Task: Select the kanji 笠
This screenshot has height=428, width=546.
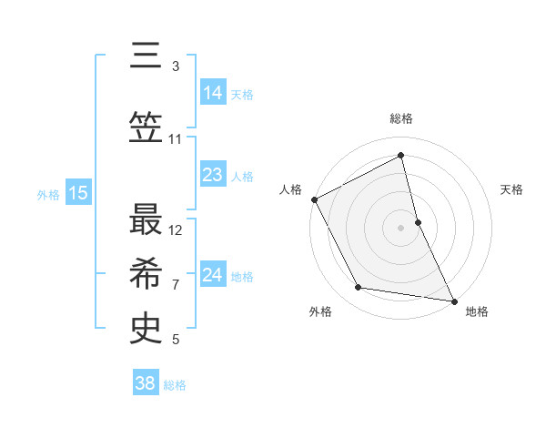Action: [145, 127]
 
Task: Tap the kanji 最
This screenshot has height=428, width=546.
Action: [145, 218]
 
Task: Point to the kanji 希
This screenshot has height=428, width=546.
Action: [145, 272]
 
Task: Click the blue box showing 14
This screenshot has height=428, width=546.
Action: [213, 93]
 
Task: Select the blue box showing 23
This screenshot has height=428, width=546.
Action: [213, 175]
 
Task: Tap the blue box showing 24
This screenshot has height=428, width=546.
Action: [213, 275]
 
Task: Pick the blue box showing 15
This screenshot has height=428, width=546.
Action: [78, 193]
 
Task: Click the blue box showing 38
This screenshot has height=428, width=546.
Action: [146, 383]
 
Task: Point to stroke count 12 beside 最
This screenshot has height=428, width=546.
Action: [177, 229]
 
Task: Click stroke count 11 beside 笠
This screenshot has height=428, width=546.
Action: [176, 139]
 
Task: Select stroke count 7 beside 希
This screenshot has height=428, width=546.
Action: [176, 284]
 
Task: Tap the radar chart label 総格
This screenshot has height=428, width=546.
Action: [401, 118]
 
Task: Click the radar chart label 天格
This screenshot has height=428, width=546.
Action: [512, 189]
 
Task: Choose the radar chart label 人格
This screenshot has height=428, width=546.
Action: [291, 189]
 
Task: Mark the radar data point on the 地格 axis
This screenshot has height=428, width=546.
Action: [453, 300]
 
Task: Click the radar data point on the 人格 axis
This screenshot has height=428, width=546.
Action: [314, 199]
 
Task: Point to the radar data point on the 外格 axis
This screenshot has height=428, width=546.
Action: [359, 288]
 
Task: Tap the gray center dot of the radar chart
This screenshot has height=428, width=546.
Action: [401, 228]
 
